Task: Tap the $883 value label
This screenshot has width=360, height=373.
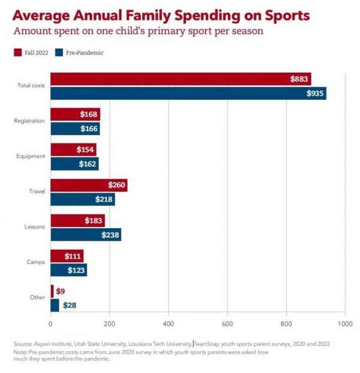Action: (299, 79)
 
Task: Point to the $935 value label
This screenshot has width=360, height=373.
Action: (315, 93)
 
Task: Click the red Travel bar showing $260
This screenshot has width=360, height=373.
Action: (88, 185)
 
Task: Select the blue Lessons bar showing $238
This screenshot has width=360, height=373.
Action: (85, 235)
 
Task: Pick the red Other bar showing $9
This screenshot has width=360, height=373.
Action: (52, 291)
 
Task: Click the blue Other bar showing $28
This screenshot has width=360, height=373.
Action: (55, 305)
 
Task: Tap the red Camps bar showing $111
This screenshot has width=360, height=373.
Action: (67, 256)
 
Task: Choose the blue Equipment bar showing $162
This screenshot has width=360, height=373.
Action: (74, 164)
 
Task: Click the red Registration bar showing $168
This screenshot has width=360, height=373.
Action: (75, 114)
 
